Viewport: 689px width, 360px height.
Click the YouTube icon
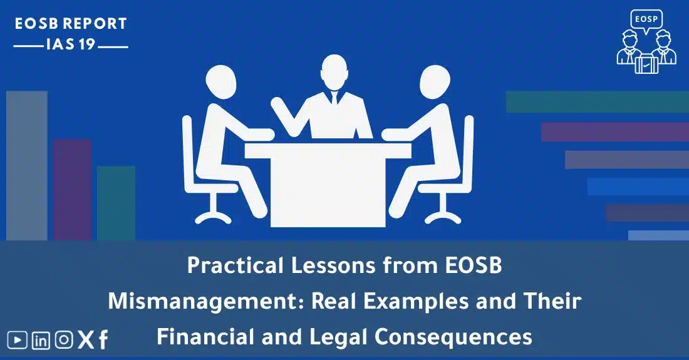[18, 340]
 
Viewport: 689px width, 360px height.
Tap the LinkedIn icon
[41, 340]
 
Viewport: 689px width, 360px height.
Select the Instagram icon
[64, 340]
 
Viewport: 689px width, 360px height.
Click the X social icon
[85, 340]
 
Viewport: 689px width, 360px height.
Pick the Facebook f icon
[103, 340]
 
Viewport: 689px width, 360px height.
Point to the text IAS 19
[71, 45]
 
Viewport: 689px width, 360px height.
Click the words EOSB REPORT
[71, 24]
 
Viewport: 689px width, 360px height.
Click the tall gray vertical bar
[27, 165]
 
